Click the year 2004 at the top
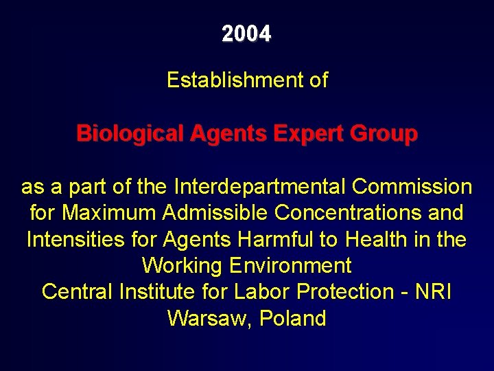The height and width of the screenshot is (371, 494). [x=246, y=34]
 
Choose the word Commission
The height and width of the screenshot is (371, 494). [x=412, y=186]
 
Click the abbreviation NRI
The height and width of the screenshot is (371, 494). [x=433, y=291]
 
